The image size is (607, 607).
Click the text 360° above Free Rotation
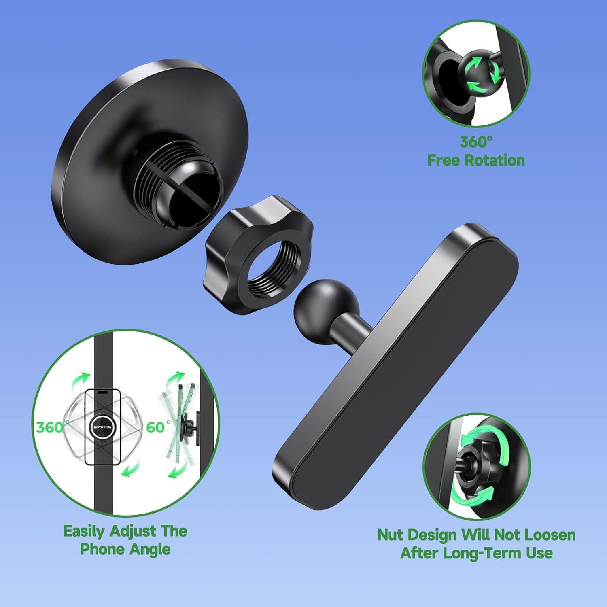click(x=476, y=142)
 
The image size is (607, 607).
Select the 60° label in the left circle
click(x=158, y=427)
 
